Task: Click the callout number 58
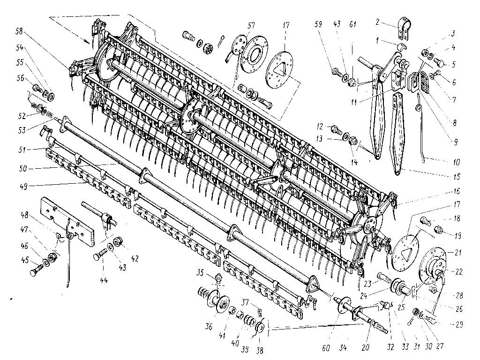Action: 19,31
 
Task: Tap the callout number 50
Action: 23,168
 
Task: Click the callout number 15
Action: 457,177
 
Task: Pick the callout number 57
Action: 251,25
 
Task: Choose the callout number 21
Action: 458,253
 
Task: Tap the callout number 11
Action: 354,102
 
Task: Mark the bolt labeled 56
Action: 37,89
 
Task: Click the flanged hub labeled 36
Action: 218,301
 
